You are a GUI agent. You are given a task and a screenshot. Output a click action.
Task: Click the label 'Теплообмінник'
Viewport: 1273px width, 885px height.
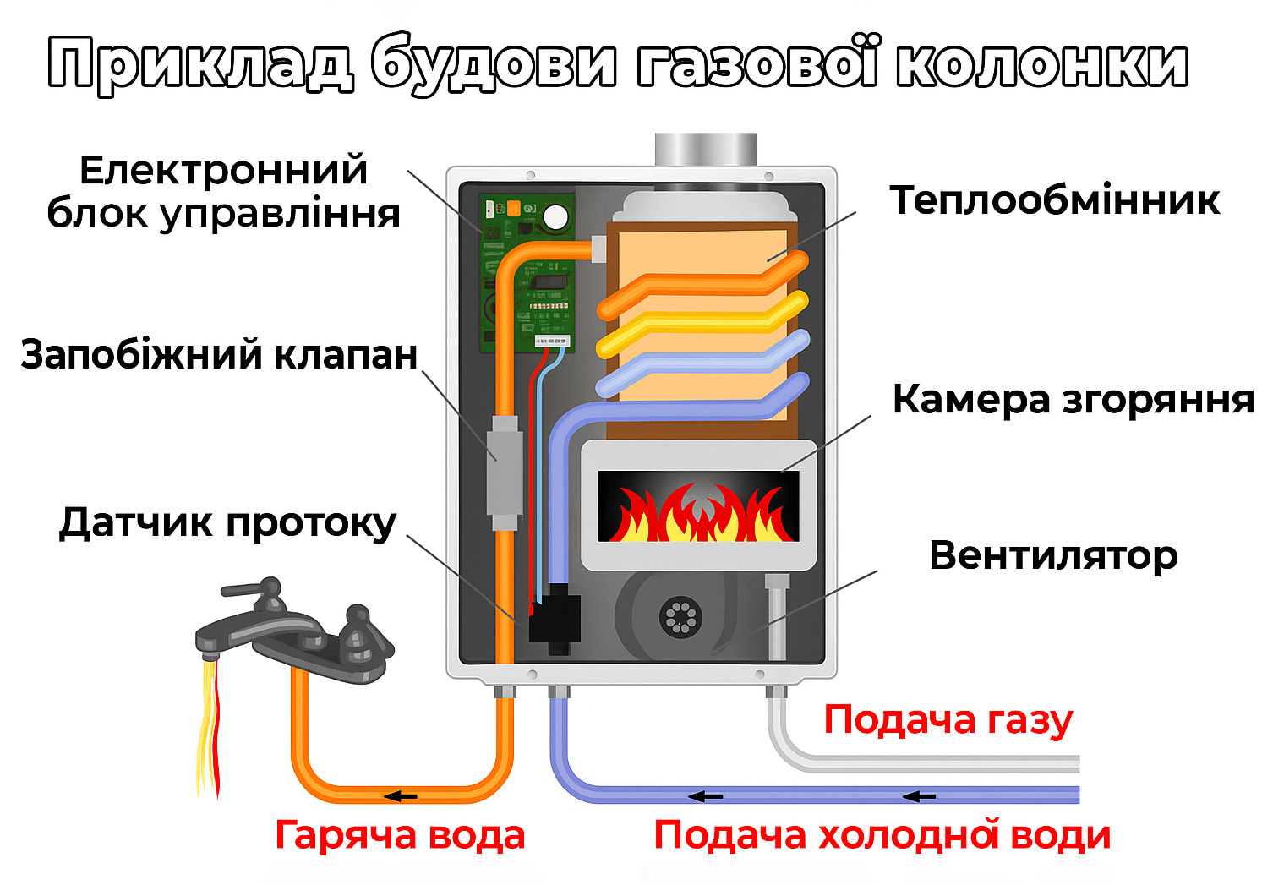click(1054, 201)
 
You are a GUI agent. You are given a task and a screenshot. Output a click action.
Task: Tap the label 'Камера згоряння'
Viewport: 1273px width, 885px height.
click(1073, 399)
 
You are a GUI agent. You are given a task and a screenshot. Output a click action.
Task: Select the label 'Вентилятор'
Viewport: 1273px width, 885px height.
click(1052, 556)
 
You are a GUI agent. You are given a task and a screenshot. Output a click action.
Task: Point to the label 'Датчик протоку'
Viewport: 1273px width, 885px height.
click(227, 523)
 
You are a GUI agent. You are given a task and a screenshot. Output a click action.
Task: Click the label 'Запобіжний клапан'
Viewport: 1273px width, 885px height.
click(219, 354)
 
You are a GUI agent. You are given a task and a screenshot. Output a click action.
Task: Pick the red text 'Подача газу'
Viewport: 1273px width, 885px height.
click(948, 720)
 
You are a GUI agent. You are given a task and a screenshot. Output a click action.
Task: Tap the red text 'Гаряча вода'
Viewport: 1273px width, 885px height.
click(400, 835)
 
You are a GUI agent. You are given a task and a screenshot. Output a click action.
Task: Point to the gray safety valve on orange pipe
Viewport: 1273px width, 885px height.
click(504, 466)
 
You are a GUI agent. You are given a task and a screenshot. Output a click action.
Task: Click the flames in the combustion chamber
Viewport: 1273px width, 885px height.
click(697, 512)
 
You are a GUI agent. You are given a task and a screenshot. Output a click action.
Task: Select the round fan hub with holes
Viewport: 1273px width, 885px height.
click(680, 616)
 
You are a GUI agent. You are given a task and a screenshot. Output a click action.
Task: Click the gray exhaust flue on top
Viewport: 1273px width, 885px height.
click(706, 150)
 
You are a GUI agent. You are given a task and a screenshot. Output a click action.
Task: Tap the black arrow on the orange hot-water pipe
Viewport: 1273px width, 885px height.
click(401, 796)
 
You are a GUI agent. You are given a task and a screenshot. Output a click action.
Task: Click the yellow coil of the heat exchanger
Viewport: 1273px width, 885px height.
click(702, 325)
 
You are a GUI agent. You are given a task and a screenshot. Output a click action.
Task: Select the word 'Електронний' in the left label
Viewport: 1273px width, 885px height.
click(223, 171)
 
